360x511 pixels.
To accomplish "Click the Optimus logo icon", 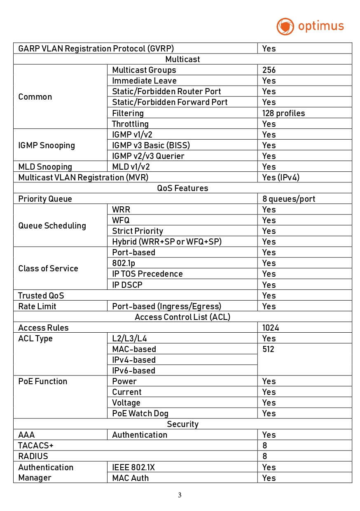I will pyautogui.click(x=285, y=26).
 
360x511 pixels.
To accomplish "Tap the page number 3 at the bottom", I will pyautogui.click(x=180, y=495).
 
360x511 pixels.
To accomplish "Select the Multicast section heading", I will pyautogui.click(x=182, y=59).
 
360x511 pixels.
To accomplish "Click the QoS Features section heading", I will pyautogui.click(x=182, y=188).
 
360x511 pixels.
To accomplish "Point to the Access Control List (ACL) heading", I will pyautogui.click(x=182, y=317).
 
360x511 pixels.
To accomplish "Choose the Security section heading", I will pyautogui.click(x=182, y=424).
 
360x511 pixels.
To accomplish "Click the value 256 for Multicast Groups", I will pyautogui.click(x=269, y=70).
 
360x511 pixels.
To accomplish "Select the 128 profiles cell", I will pyautogui.click(x=283, y=113).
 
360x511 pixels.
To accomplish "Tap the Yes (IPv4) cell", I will pyautogui.click(x=281, y=177).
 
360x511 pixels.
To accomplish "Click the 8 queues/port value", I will pyautogui.click(x=289, y=199).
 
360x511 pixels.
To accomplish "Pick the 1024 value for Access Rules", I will pyautogui.click(x=271, y=328).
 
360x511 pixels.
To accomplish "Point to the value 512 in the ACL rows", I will pyautogui.click(x=268, y=349).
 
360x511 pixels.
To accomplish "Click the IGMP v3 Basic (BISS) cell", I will pyautogui.click(x=151, y=145).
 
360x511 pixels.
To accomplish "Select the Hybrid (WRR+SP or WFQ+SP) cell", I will pyautogui.click(x=166, y=242).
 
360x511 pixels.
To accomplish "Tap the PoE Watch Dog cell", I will pyautogui.click(x=140, y=413).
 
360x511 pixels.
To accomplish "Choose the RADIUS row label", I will pyautogui.click(x=33, y=456).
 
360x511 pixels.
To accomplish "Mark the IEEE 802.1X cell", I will pyautogui.click(x=133, y=467).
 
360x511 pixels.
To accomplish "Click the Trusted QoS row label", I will pyautogui.click(x=41, y=296).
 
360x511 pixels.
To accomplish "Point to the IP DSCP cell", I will pyautogui.click(x=127, y=285).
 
